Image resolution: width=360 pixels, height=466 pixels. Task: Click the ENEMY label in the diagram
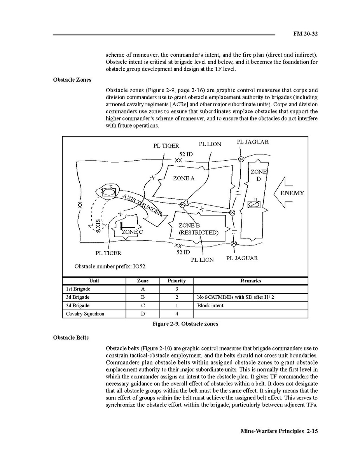[292, 193]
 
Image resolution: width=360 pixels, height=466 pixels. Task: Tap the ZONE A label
[183, 178]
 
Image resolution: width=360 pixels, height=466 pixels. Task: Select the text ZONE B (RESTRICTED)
[198, 229]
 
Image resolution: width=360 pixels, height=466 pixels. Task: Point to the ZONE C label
[132, 232]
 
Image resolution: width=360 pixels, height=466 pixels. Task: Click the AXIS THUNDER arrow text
[142, 205]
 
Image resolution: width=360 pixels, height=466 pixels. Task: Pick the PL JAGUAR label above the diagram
[253, 142]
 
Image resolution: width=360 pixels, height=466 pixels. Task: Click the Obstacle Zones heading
[72, 80]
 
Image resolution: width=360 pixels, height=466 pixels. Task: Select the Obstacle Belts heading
[71, 338]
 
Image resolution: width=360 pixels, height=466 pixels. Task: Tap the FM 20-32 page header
[305, 34]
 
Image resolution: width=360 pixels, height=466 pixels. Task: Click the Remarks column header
[250, 280]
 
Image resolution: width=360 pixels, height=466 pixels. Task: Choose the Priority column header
[177, 280]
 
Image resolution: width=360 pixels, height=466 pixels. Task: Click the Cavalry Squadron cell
[85, 314]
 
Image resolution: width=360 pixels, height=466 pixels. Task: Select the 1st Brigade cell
[78, 289]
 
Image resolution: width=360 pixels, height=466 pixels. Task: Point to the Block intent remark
[210, 305]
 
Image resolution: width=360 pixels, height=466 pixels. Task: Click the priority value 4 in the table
[177, 314]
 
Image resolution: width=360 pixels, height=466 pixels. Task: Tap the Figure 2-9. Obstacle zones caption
[185, 324]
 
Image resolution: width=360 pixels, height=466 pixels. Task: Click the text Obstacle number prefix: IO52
[110, 266]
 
